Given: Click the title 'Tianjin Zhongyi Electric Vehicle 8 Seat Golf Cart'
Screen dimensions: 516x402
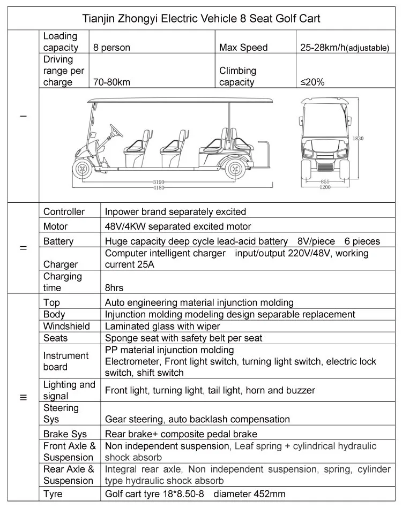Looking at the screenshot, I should tap(201, 19).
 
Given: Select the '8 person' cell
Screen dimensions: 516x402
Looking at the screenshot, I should tap(111, 48).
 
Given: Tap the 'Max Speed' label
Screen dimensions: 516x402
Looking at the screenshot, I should tap(243, 48).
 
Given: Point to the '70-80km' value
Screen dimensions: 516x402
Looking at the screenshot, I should tap(111, 82).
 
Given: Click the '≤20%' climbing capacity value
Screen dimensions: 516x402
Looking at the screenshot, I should tap(312, 82).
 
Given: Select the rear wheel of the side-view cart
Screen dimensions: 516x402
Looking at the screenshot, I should tap(234, 169).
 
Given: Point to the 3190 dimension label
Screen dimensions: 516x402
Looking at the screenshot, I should tap(159, 183).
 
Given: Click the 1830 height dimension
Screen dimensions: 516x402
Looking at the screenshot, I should tap(358, 138).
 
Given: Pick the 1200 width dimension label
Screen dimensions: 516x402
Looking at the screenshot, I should tap(325, 188).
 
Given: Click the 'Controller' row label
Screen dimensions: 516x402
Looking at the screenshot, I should tap(64, 212).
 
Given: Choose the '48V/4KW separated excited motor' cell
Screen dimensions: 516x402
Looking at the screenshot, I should tap(178, 226).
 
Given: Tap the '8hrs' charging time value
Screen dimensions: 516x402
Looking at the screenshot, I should tap(114, 288).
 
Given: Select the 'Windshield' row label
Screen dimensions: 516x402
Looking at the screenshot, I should tap(66, 326).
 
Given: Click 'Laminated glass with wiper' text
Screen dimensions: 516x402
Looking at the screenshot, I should tap(162, 326).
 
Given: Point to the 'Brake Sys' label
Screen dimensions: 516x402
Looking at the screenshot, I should tap(65, 434).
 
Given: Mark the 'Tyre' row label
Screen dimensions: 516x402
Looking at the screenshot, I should tap(53, 494).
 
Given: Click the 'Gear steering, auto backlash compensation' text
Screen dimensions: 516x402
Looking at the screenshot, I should tap(197, 419).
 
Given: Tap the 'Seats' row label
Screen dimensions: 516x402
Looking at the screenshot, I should tap(56, 338).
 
